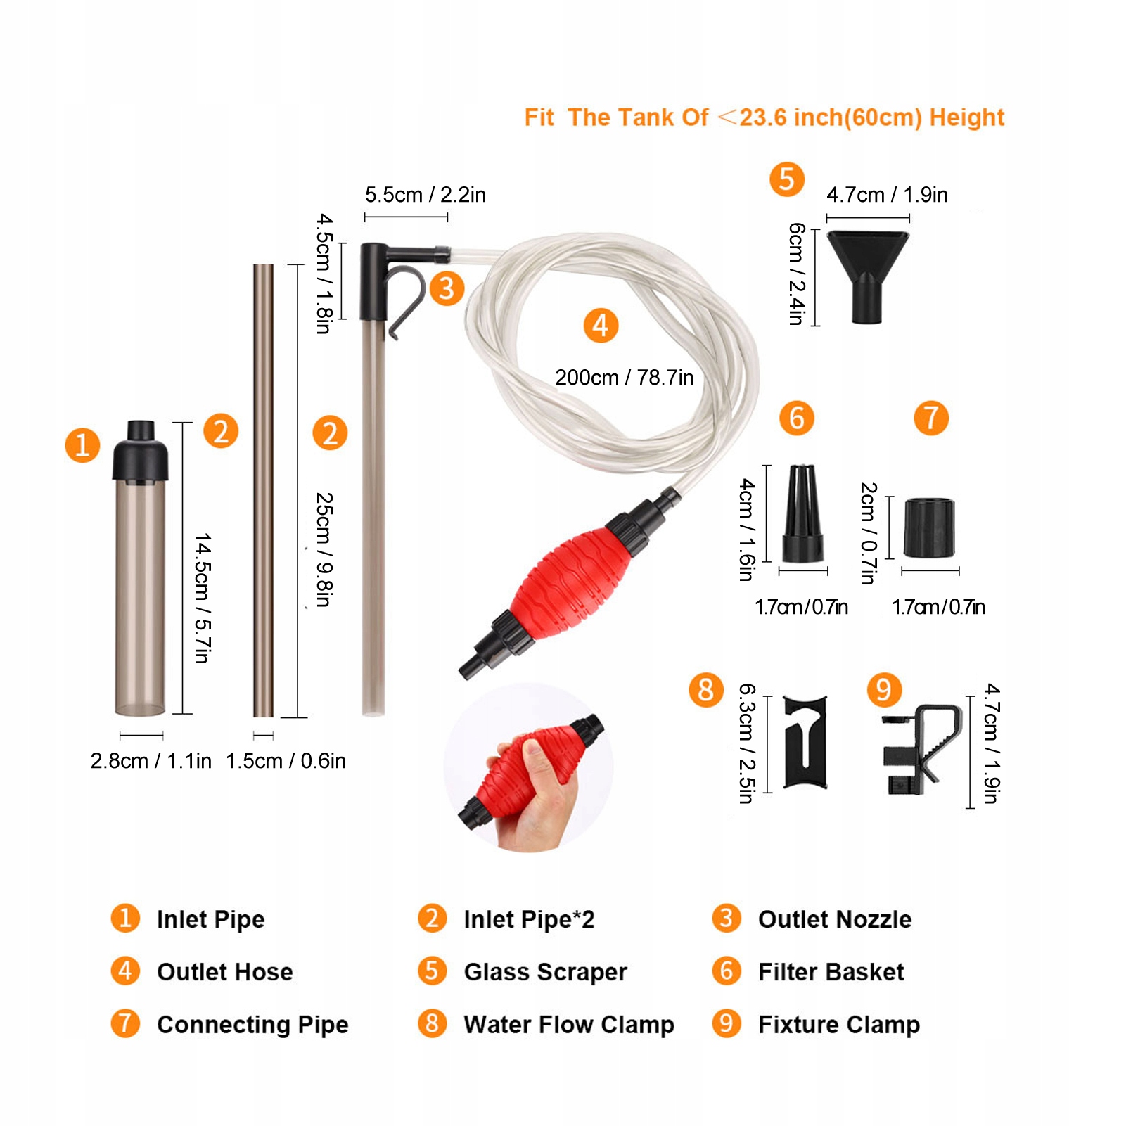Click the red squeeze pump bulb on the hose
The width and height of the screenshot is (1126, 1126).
[x=570, y=583]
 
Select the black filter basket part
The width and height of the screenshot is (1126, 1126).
[x=802, y=513]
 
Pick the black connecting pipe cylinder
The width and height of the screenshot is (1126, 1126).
[x=929, y=527]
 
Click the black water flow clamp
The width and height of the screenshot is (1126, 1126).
[x=805, y=743]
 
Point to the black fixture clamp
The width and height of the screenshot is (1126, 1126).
[x=921, y=750]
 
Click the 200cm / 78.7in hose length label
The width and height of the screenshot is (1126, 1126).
[x=625, y=378]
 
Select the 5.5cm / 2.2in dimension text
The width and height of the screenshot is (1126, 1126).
[x=426, y=195]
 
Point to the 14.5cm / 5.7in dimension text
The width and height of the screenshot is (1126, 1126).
[x=203, y=598]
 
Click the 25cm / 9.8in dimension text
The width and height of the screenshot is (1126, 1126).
[x=324, y=549]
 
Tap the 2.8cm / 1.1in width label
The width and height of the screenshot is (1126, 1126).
[x=151, y=761]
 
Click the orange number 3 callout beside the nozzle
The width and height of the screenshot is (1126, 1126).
[x=447, y=288]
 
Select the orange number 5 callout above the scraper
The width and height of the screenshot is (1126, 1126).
[x=787, y=179]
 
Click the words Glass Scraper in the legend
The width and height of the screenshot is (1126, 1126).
[x=545, y=972]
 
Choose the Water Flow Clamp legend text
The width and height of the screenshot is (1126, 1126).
[x=569, y=1025]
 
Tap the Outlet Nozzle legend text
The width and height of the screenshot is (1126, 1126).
[x=835, y=919]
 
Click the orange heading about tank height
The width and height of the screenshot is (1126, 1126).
[x=764, y=117]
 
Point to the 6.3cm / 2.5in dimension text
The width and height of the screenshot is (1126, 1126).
[x=747, y=743]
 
